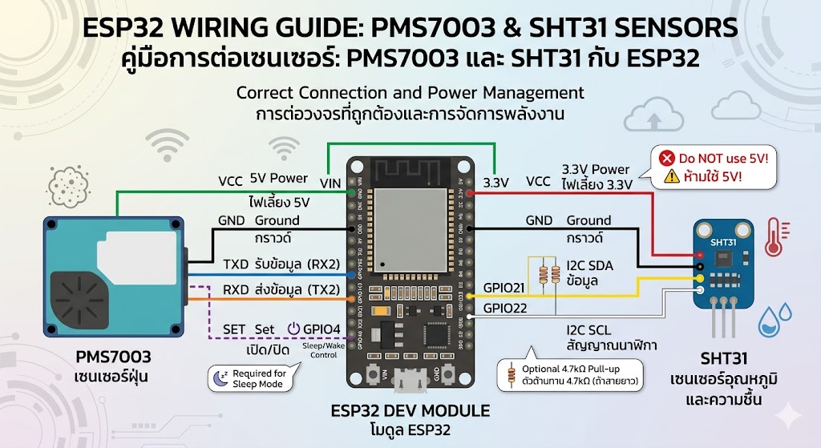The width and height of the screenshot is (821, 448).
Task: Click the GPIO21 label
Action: click(x=504, y=288)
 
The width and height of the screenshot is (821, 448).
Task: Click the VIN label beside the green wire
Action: click(x=330, y=184)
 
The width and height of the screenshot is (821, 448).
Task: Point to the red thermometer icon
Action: click(x=774, y=237)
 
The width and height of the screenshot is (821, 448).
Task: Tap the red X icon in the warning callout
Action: click(x=665, y=157)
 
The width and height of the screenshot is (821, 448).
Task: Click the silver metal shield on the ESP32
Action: click(x=412, y=228)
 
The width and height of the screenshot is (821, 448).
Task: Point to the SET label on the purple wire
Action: click(x=233, y=329)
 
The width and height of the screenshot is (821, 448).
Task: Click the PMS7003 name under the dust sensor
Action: click(x=113, y=355)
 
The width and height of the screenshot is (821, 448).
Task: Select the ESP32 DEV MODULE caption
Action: click(x=410, y=411)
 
